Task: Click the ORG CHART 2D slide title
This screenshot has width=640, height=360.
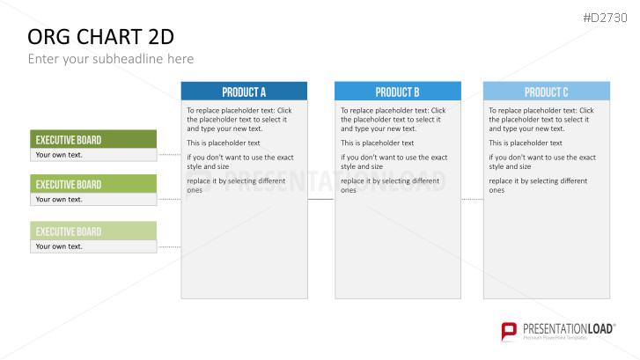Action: [101, 37]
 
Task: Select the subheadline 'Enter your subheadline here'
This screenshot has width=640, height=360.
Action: [111, 59]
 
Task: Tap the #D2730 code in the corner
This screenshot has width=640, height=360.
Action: [605, 18]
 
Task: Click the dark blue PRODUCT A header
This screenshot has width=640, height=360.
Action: [244, 91]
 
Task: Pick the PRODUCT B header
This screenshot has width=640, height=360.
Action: [398, 91]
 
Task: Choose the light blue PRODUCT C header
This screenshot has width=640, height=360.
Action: [547, 91]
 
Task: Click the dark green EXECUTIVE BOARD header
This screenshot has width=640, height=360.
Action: [93, 139]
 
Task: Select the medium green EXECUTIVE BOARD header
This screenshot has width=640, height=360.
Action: [93, 184]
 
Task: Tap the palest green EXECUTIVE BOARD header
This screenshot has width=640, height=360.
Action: [93, 231]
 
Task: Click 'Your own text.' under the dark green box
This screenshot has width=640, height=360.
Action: [59, 155]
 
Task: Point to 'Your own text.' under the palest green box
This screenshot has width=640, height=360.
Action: [59, 246]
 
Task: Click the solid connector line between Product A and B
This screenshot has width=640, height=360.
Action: [320, 199]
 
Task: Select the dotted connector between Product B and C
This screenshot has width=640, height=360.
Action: [472, 199]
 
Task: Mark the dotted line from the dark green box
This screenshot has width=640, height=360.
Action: [169, 155]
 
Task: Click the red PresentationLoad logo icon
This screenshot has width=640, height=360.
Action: [509, 331]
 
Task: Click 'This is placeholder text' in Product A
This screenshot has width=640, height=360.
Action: [224, 143]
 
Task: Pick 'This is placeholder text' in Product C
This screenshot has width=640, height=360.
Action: [526, 143]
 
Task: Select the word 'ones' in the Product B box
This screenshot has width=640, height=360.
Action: [348, 190]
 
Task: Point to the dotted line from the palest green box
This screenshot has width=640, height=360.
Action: [169, 246]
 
